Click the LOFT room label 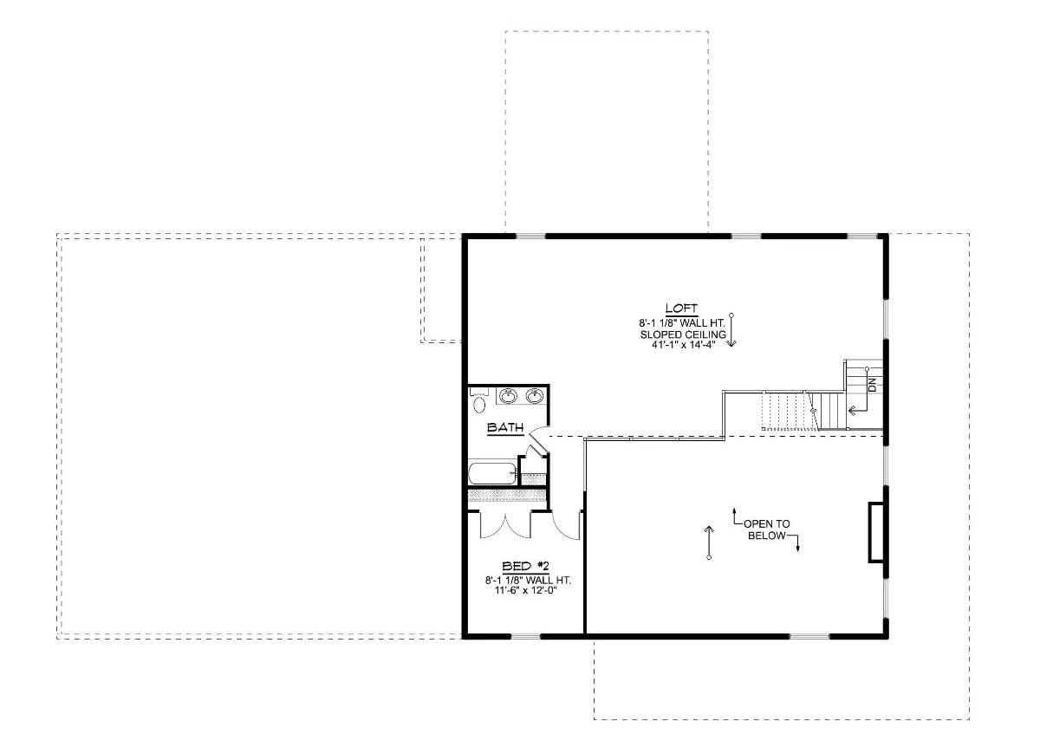point(681,308)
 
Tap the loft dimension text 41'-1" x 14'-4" point(682,343)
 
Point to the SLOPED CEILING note point(682,333)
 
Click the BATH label point(504,427)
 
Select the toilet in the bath point(479,402)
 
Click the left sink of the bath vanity point(509,397)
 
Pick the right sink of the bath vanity point(535,397)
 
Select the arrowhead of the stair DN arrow point(853,411)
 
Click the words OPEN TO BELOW point(766,529)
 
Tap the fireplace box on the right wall point(877,532)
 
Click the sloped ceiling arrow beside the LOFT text point(731,330)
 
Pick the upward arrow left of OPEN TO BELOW point(709,542)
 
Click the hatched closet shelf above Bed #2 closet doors point(507,496)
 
